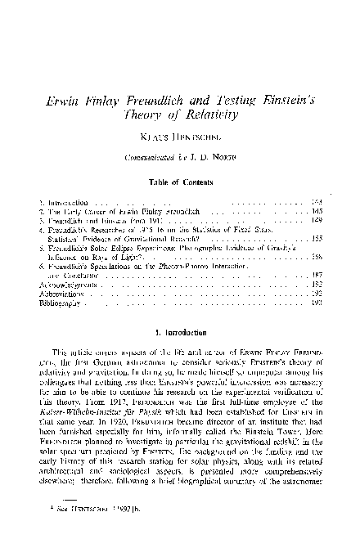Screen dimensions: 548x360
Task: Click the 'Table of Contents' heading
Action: [x=180, y=182]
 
